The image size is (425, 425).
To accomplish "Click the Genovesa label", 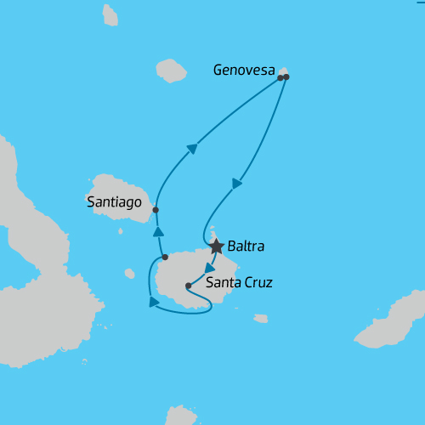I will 244,72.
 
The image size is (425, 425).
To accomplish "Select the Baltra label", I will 246,247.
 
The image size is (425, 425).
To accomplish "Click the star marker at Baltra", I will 216,246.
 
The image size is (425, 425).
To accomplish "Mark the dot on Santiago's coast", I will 156,209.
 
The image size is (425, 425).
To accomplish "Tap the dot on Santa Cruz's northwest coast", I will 165,257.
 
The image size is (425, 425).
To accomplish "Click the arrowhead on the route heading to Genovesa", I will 192,150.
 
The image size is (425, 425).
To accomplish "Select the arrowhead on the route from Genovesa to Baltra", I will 237,183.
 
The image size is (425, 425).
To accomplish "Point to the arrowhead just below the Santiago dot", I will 157,231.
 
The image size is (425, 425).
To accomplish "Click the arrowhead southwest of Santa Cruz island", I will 154,301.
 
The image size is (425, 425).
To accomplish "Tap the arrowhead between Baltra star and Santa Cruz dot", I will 209,268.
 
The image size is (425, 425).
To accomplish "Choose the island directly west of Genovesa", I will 172,70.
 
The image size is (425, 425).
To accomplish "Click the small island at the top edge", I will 110,14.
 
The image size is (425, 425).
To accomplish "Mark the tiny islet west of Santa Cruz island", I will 129,274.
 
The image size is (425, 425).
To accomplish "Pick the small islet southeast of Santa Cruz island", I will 261,319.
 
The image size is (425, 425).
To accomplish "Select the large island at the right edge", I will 393,322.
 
